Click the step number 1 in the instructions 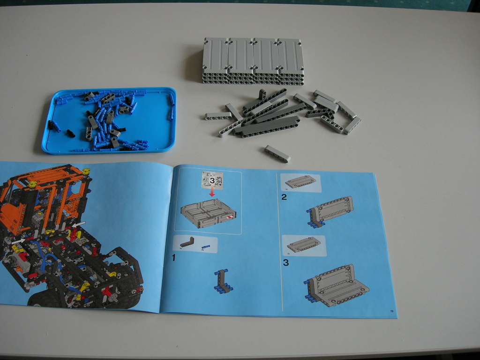tap(173, 257)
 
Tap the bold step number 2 tap(284, 197)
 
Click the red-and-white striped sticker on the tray tap(229, 217)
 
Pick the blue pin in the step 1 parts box tap(205, 246)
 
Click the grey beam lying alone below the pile tap(277, 153)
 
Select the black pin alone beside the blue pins tap(70, 133)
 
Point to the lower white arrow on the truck tap(19, 240)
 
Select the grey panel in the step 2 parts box tap(300, 182)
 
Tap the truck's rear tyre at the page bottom tap(47, 300)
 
